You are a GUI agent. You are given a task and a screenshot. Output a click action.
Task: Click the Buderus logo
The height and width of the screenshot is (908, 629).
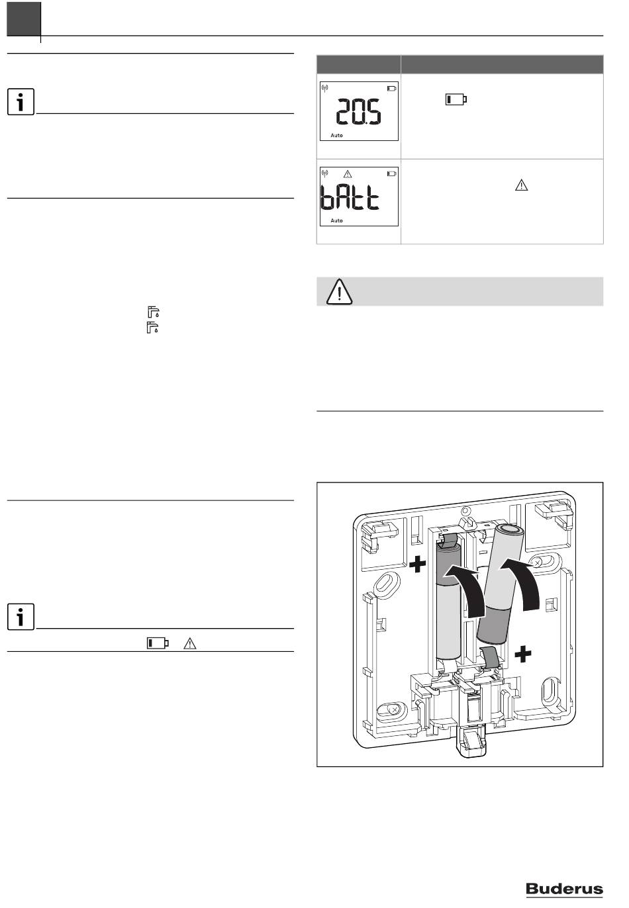[x=564, y=889]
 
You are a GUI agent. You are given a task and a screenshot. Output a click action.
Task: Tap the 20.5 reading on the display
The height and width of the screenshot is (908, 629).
[x=358, y=111]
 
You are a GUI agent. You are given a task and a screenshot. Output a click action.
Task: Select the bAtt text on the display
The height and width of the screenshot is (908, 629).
[x=350, y=197]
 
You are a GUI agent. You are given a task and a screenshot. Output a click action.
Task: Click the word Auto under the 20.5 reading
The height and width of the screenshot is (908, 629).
[x=336, y=136]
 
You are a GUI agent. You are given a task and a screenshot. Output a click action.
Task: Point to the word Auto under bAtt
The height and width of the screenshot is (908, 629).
[x=336, y=220]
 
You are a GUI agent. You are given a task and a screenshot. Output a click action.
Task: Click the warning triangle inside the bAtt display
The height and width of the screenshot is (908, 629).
[x=348, y=174]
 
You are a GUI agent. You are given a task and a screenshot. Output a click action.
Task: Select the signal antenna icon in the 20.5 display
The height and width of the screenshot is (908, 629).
[x=325, y=89]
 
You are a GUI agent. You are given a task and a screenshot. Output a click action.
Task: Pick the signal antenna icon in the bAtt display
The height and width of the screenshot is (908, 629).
[x=325, y=173]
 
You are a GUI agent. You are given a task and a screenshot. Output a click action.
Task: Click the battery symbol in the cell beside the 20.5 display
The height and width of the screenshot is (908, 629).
[x=456, y=99]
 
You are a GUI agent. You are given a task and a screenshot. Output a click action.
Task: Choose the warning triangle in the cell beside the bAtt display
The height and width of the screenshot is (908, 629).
[x=522, y=186]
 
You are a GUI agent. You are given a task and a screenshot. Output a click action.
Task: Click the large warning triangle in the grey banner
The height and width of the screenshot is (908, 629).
[x=340, y=291]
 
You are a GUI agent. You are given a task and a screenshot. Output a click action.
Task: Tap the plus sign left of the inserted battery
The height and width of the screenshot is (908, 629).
[x=417, y=565]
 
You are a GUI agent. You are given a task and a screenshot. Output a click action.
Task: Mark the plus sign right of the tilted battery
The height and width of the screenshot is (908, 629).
[x=523, y=655]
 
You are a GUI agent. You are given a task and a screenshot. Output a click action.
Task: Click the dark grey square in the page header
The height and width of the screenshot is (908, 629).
[x=24, y=19]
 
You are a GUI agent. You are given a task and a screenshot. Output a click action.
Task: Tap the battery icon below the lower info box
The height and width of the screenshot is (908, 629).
[x=158, y=643]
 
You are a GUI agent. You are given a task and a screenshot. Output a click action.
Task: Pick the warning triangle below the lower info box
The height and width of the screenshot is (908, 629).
[x=190, y=643]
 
